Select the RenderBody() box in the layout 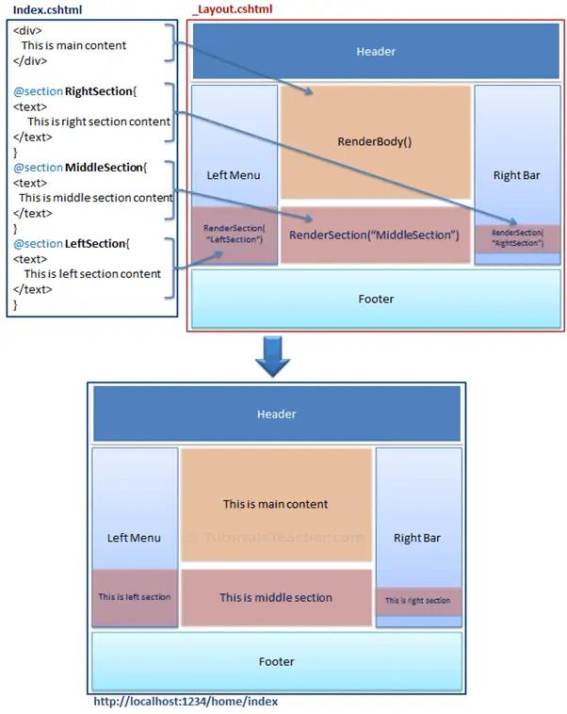point(375,141)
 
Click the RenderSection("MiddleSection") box point(374,234)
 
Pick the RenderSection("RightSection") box point(517,237)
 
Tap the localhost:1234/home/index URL point(186,702)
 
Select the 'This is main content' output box point(275,504)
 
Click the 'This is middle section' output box point(276,597)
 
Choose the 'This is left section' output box point(135,597)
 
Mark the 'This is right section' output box point(418,600)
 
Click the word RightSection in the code point(100,91)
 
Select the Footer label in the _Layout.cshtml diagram point(376,299)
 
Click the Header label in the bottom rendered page point(276,414)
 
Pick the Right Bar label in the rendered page point(417,538)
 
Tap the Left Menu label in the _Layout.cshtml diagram point(234,175)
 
